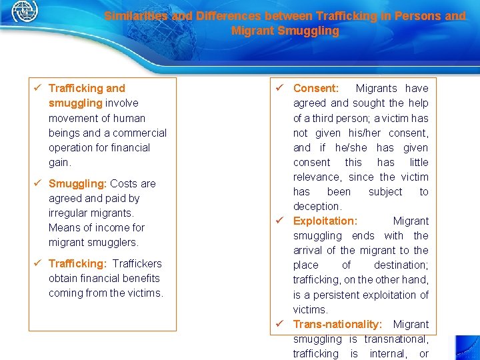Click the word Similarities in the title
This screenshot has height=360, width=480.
click(x=136, y=16)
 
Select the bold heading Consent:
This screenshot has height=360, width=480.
click(x=315, y=88)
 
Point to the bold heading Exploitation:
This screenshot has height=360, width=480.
click(x=325, y=221)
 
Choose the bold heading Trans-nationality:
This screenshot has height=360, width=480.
click(x=337, y=324)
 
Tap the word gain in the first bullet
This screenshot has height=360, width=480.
click(x=59, y=162)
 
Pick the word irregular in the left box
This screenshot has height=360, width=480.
click(x=70, y=213)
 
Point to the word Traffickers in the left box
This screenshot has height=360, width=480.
click(x=137, y=263)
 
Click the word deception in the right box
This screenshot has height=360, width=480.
click(x=317, y=206)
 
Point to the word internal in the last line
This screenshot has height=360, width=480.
click(x=387, y=353)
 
